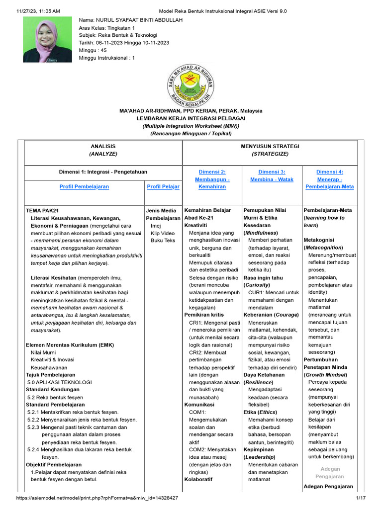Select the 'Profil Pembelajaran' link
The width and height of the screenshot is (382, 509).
(x=84, y=186)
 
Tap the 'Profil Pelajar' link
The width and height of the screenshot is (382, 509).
(x=163, y=186)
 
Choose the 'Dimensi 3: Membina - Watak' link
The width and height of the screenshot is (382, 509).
(x=272, y=175)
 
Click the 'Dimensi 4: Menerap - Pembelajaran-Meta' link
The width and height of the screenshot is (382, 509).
(x=330, y=179)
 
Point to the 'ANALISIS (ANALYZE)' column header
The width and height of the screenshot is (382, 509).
(x=103, y=150)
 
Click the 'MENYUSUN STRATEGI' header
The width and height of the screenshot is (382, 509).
(x=270, y=146)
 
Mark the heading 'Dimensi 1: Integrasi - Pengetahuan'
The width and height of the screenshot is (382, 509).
(x=103, y=171)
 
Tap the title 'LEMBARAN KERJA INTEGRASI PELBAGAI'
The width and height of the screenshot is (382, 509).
(x=191, y=118)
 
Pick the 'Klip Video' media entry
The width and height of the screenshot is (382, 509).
(x=163, y=233)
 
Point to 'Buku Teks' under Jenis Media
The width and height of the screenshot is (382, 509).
(x=163, y=240)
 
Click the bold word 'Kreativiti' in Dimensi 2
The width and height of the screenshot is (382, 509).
(x=195, y=225)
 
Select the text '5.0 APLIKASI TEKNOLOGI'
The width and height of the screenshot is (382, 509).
(x=60, y=382)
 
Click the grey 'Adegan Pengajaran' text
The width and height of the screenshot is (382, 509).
(x=330, y=473)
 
